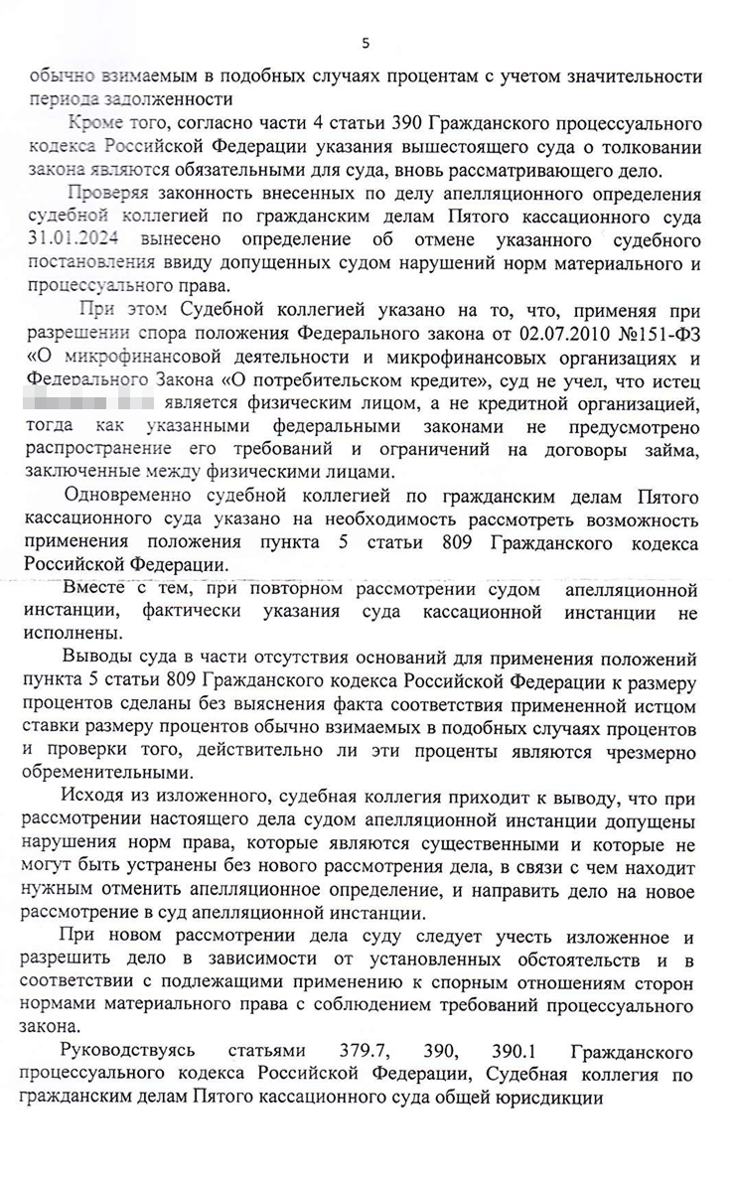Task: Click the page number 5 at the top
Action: (x=366, y=43)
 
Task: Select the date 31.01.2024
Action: (x=72, y=239)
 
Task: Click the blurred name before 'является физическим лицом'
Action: (x=90, y=404)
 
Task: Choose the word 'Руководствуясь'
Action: (x=128, y=1050)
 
